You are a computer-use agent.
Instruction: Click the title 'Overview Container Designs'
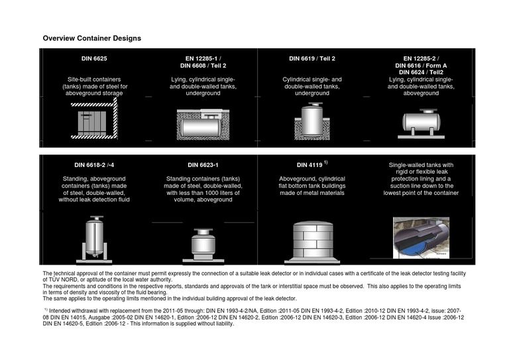pos(91,38)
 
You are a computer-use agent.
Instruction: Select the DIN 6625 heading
pos(94,59)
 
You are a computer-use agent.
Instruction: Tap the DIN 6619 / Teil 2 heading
pos(311,59)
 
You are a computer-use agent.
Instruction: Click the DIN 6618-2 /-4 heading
pos(94,164)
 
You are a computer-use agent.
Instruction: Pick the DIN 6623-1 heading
pos(203,164)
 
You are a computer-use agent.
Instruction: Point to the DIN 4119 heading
pos(310,164)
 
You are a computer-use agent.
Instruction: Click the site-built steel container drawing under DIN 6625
pos(94,120)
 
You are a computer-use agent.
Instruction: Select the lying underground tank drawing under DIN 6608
pos(203,123)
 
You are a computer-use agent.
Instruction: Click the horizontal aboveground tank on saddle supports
pos(421,121)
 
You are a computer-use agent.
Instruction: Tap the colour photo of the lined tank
pos(421,237)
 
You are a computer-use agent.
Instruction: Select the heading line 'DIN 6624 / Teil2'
pos(421,72)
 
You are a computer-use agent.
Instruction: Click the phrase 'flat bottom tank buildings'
pos(311,186)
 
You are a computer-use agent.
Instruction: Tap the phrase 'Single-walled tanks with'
pos(421,165)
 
